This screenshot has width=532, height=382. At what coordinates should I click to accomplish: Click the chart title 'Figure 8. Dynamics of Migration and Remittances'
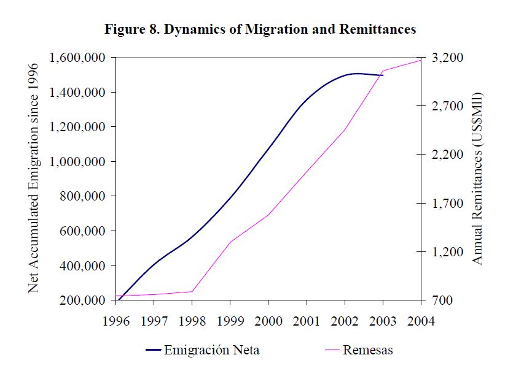click(260, 29)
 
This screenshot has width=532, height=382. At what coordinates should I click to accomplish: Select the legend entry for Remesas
click(368, 351)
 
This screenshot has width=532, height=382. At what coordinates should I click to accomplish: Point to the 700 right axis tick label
click(442, 300)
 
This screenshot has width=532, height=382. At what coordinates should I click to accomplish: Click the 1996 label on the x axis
click(115, 321)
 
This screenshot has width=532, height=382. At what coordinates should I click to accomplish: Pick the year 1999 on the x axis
click(230, 321)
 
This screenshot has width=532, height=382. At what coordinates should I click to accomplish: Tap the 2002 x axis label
click(345, 321)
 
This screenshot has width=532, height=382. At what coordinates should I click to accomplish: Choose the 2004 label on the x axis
click(421, 321)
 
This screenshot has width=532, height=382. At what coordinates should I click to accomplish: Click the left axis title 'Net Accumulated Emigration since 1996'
click(34, 177)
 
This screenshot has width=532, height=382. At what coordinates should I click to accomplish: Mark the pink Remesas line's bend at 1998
click(192, 291)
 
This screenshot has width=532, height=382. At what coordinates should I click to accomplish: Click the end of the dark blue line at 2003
click(383, 75)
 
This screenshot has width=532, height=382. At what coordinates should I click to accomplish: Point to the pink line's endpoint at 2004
click(421, 59)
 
